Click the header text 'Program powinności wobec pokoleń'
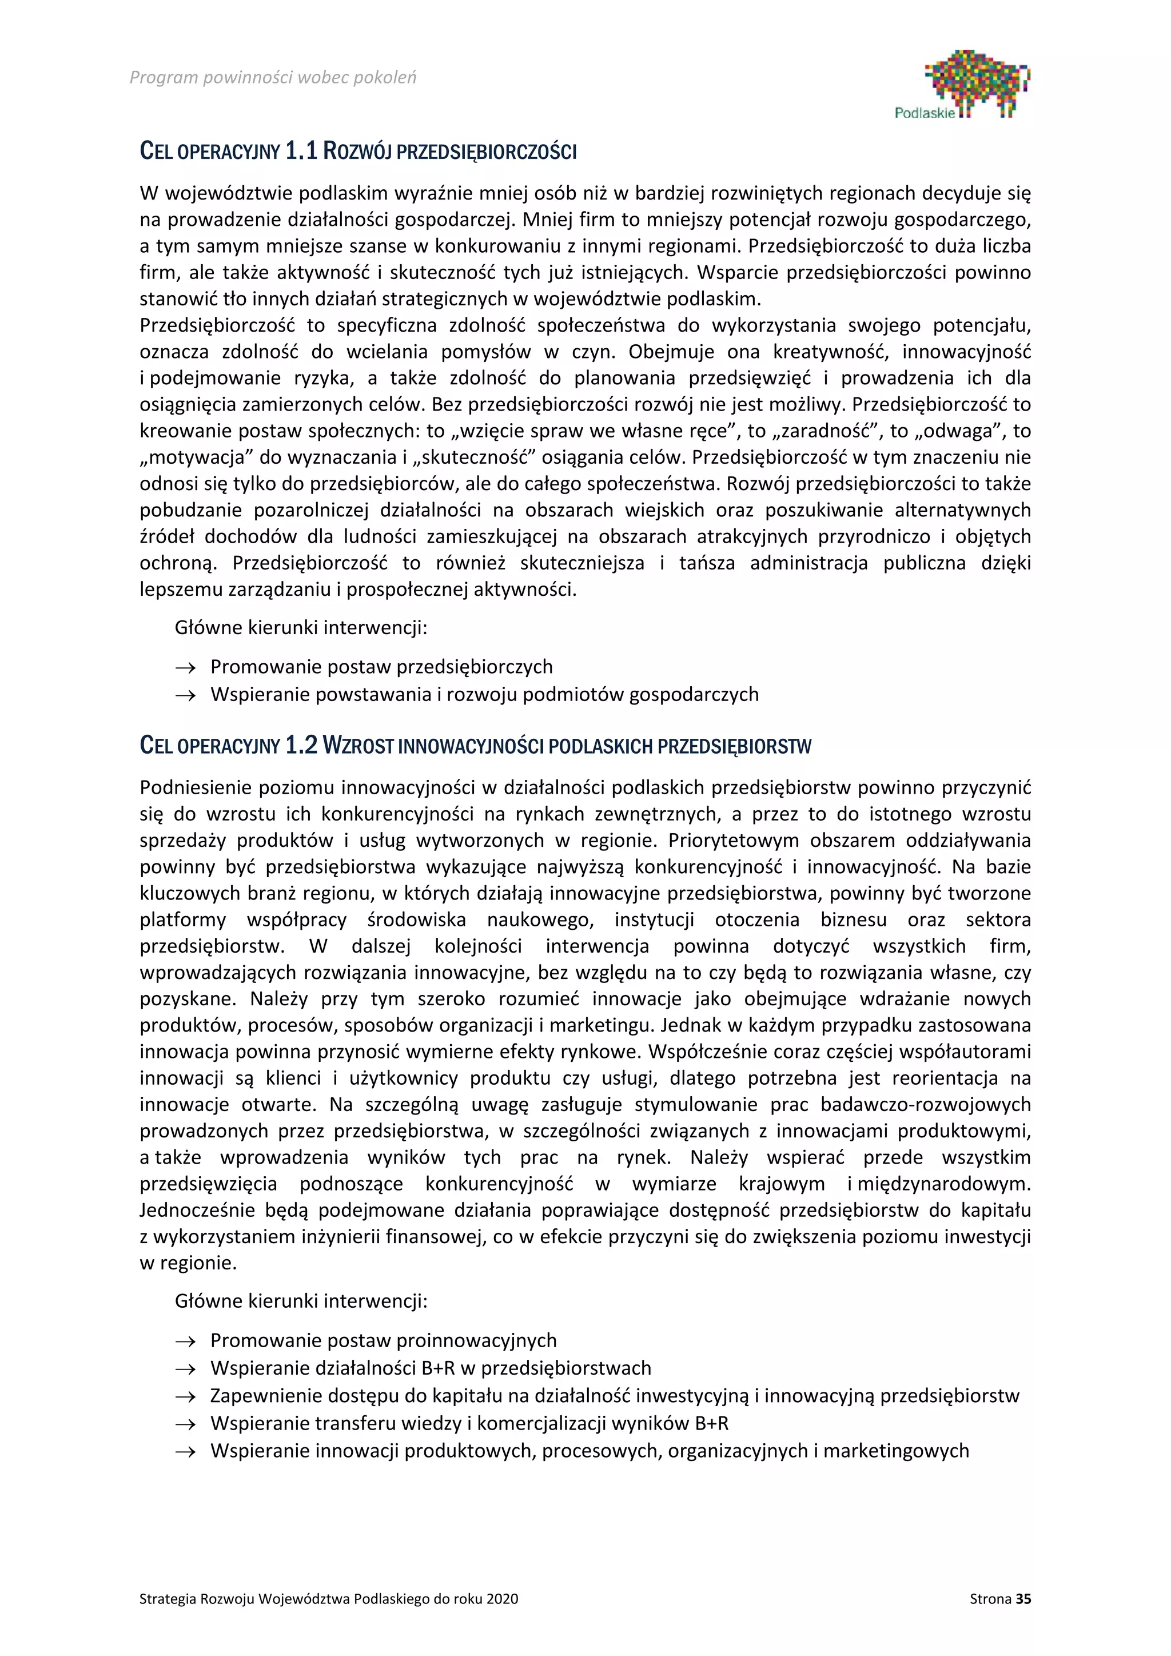click(x=273, y=77)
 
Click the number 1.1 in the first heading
click(x=301, y=152)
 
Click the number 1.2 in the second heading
click(x=301, y=745)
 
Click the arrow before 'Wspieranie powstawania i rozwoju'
click(x=185, y=695)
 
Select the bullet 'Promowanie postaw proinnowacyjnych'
click(x=384, y=1340)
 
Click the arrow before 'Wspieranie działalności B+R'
click(x=185, y=1369)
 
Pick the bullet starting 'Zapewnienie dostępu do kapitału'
click(x=614, y=1396)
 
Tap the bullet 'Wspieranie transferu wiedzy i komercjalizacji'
click(x=469, y=1423)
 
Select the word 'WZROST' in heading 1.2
click(x=357, y=746)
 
